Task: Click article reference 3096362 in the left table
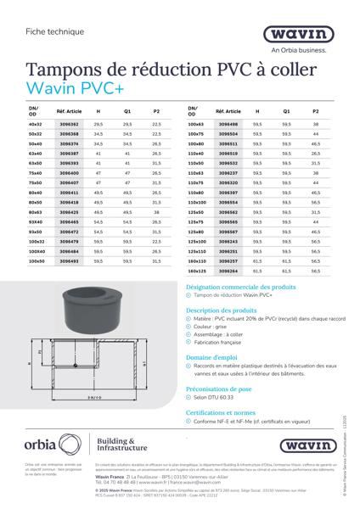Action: tap(68, 124)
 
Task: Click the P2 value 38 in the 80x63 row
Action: tap(156, 212)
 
